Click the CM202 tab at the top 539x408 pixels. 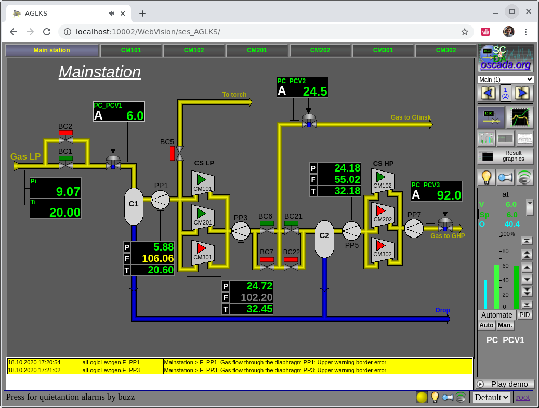pos(320,50)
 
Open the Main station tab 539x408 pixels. pos(51,50)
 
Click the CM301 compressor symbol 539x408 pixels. pos(203,252)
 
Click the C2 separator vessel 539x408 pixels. pos(324,239)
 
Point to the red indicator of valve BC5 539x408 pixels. pos(172,153)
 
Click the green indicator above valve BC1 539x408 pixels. pos(65,159)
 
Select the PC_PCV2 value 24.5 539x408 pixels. pos(315,91)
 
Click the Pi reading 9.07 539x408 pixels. pos(68,191)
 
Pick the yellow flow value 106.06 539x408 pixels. pos(158,258)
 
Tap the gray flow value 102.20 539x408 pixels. pos(256,297)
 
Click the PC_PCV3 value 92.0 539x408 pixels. pos(449,195)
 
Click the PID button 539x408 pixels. pos(524,315)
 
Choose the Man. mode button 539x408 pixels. pos(505,325)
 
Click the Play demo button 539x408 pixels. pos(505,384)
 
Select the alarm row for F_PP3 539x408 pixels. pos(240,370)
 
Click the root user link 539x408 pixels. pos(523,397)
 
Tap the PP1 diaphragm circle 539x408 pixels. pos(160,200)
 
